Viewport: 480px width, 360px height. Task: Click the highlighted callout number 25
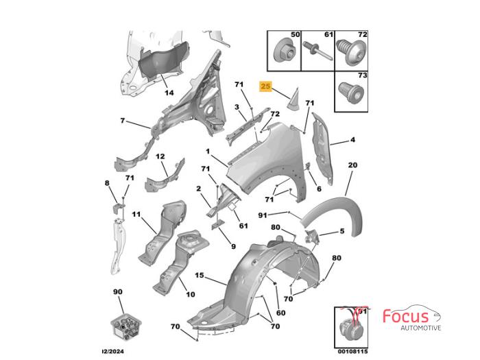click(x=265, y=86)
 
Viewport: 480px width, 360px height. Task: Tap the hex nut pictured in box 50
click(x=283, y=53)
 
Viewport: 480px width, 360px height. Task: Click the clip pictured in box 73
click(x=351, y=91)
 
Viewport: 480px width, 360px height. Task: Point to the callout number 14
click(x=169, y=93)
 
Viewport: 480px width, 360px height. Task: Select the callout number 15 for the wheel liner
click(x=200, y=275)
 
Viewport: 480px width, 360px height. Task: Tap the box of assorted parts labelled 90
click(x=125, y=326)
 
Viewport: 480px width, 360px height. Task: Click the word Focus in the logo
click(x=406, y=316)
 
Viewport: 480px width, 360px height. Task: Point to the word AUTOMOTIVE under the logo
click(x=421, y=328)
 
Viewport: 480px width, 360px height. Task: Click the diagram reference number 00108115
click(x=352, y=351)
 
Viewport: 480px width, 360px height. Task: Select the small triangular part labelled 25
click(x=293, y=99)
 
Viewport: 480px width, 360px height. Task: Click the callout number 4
click(x=352, y=140)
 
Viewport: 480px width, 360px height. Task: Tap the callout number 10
click(x=191, y=294)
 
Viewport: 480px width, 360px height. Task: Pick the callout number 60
click(x=280, y=313)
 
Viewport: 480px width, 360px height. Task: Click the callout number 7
click(x=123, y=121)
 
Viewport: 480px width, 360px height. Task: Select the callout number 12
click(x=160, y=156)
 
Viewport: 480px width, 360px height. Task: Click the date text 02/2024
click(x=112, y=351)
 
